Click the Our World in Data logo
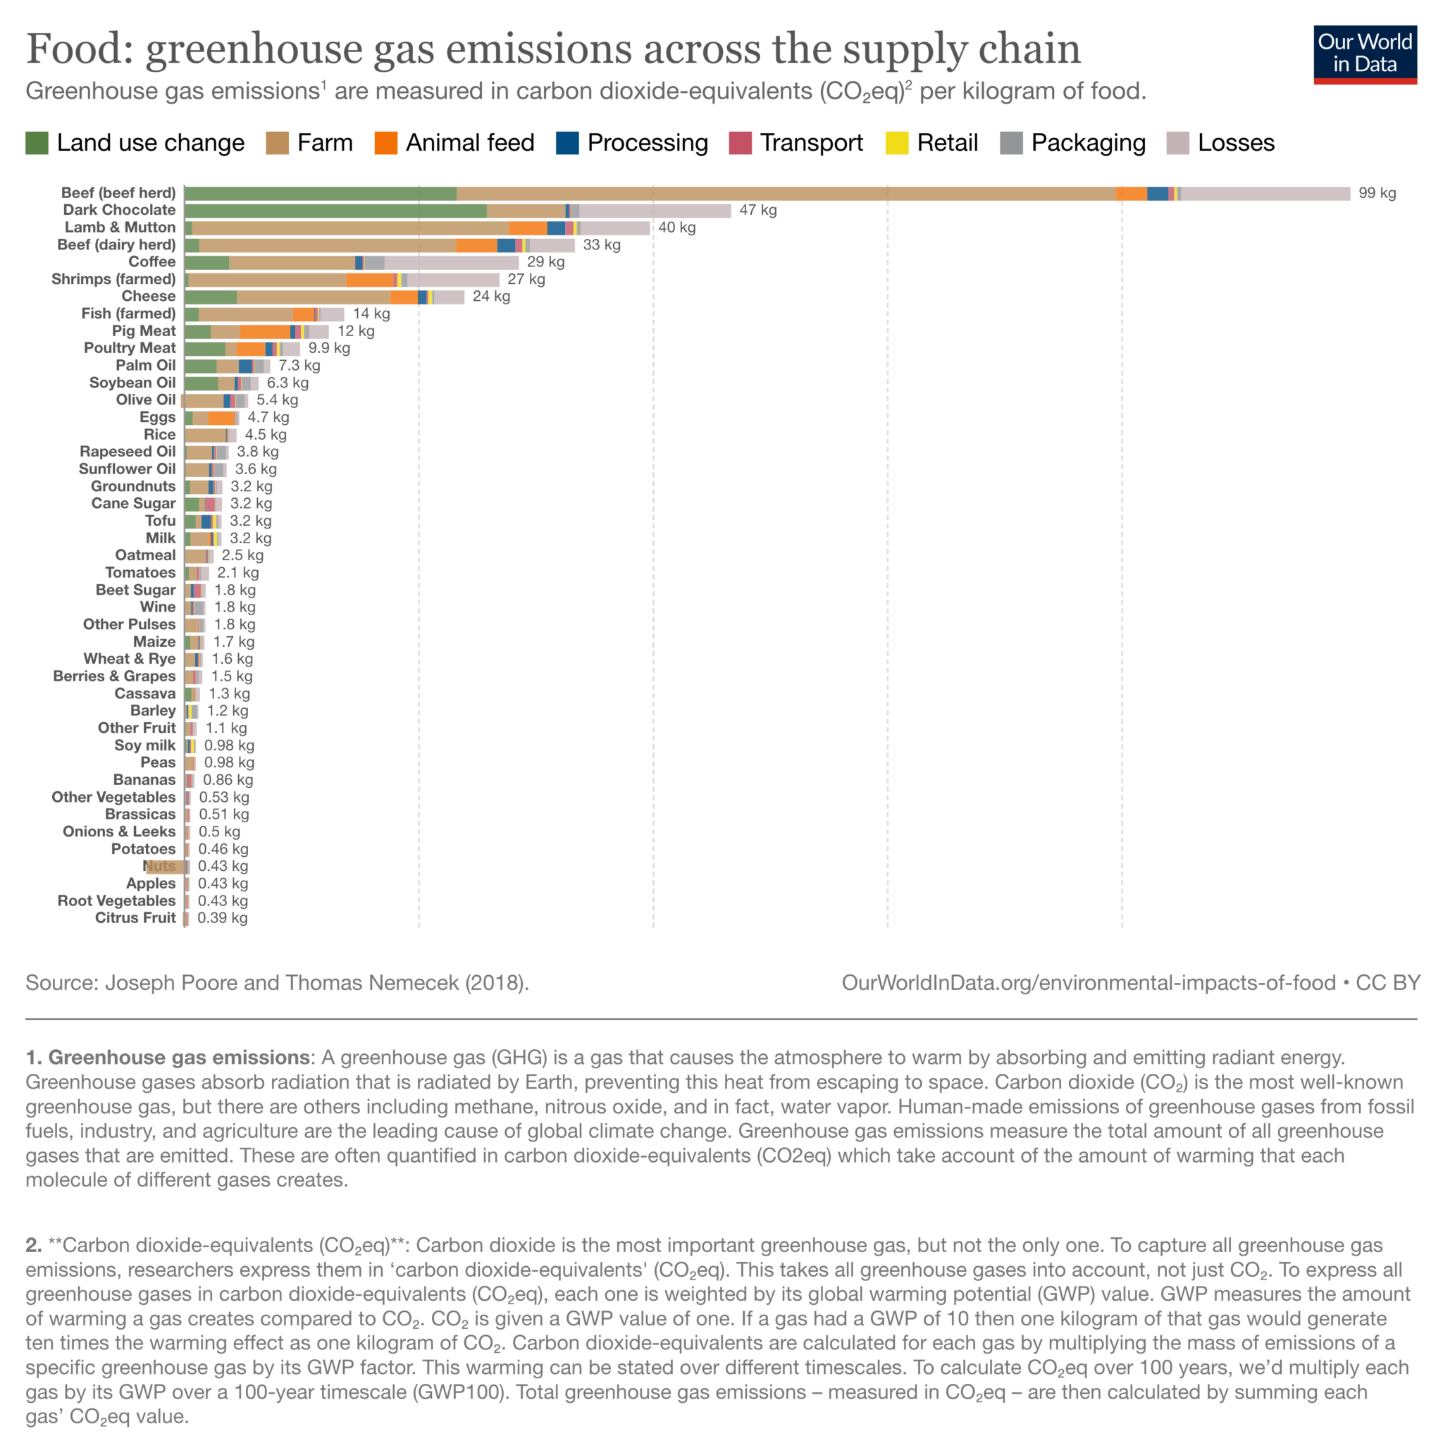point(1365,54)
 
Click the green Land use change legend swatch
point(37,142)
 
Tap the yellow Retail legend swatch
point(896,142)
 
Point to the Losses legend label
point(1235,142)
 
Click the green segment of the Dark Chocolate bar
point(335,211)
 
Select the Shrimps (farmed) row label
point(113,279)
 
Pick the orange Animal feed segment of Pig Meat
point(264,332)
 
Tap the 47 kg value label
point(757,211)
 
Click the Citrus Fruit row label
point(135,918)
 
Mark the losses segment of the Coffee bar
point(451,262)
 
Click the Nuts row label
point(160,867)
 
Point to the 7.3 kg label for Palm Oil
point(299,366)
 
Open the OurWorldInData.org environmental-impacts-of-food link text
point(1088,982)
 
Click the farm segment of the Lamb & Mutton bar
point(350,228)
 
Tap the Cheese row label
point(149,297)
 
